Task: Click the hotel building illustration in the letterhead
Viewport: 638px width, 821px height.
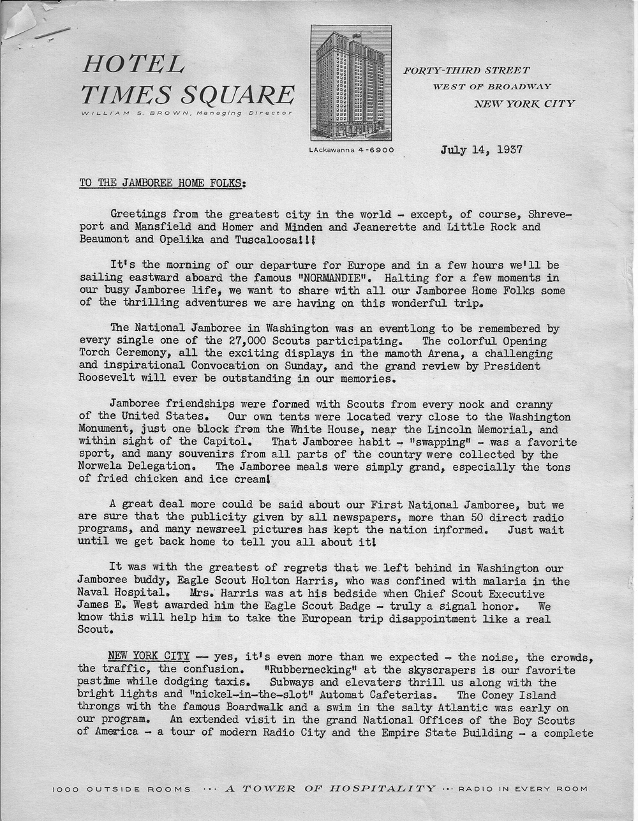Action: pyautogui.click(x=351, y=83)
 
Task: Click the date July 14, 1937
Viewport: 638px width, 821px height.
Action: pyautogui.click(x=482, y=150)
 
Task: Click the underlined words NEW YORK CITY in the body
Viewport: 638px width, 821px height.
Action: pyautogui.click(x=149, y=656)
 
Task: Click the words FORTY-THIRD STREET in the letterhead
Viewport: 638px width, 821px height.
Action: pyautogui.click(x=466, y=70)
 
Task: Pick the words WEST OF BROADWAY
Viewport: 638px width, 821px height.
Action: pyautogui.click(x=492, y=86)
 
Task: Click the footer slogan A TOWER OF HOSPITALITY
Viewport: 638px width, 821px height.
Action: pyautogui.click(x=331, y=788)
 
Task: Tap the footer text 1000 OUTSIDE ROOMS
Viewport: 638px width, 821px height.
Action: pyautogui.click(x=121, y=789)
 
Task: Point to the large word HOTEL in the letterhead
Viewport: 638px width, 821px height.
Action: pyautogui.click(x=133, y=64)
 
